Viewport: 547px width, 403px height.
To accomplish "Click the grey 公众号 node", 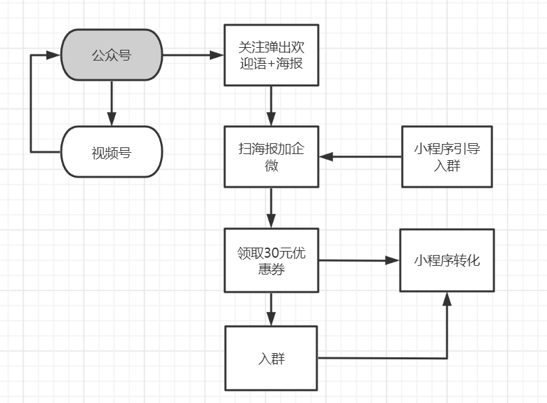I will (111, 55).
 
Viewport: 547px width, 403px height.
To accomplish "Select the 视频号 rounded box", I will (111, 152).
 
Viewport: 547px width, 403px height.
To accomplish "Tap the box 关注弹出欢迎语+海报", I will (271, 55).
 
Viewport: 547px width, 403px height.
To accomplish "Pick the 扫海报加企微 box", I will (271, 156).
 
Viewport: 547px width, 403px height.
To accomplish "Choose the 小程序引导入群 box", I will (447, 156).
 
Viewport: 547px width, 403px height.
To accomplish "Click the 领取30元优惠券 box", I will (271, 260).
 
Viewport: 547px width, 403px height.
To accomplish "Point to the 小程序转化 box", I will (447, 260).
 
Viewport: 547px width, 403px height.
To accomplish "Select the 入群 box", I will (271, 358).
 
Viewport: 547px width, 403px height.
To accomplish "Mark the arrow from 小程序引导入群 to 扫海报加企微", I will (360, 157).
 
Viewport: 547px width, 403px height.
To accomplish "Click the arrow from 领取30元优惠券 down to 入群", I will (271, 309).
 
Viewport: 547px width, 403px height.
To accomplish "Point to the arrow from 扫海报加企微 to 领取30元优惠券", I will (271, 208).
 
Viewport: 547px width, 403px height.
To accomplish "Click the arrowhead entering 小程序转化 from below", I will (447, 300).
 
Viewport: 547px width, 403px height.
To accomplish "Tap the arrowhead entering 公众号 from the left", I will (54, 55).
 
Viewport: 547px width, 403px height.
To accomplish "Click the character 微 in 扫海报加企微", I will (271, 164).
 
